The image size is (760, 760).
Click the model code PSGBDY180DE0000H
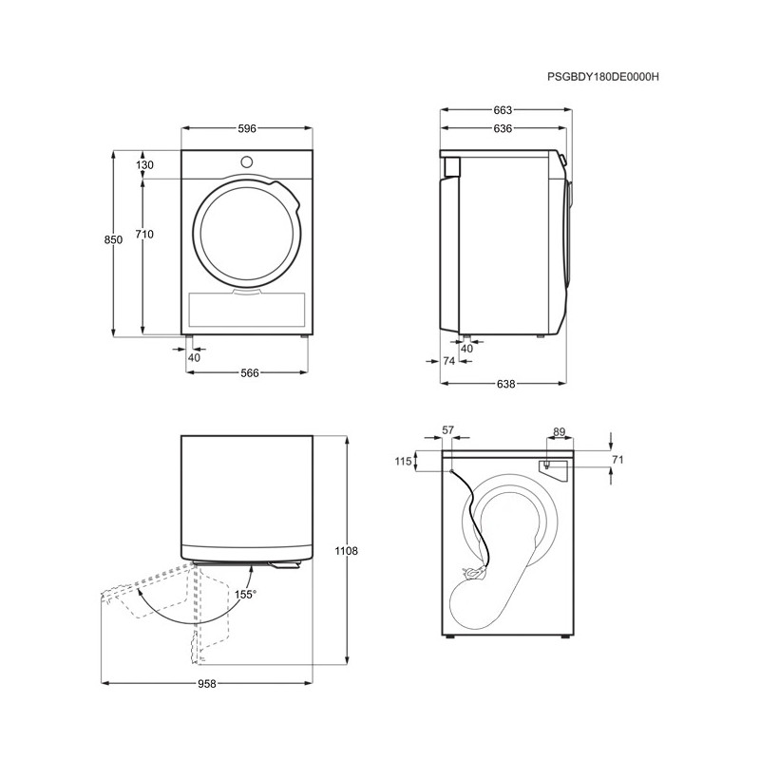click(603, 77)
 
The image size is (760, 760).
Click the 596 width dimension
click(247, 128)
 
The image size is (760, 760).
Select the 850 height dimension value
click(113, 239)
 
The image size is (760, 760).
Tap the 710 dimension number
click(144, 234)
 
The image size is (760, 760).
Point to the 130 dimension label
click(144, 164)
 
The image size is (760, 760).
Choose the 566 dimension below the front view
click(250, 372)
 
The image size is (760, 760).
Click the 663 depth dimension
click(503, 110)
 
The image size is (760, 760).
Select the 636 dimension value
click(503, 128)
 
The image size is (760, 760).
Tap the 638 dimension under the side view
click(505, 384)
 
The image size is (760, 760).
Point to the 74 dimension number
click(448, 361)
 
